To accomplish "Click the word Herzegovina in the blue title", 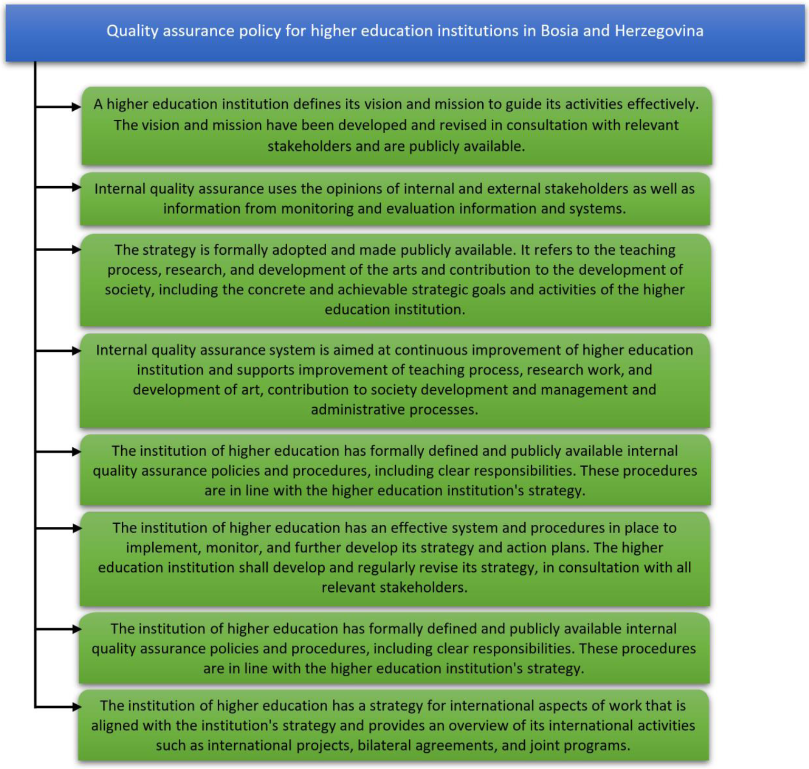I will tap(659, 31).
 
